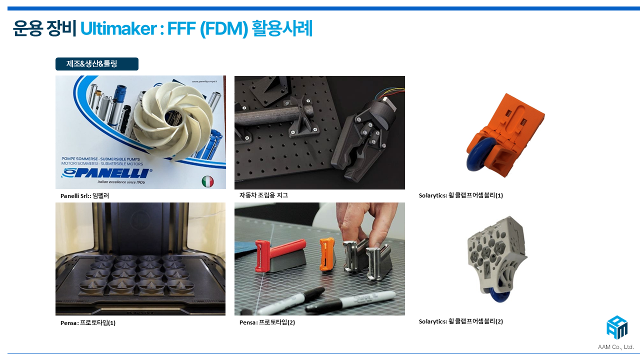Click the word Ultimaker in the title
(118, 28)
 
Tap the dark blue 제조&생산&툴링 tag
(97, 63)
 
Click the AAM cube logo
(617, 327)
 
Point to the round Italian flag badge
(207, 181)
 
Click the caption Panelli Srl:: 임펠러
(84, 195)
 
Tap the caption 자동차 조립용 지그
(263, 195)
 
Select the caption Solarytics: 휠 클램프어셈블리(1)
(460, 195)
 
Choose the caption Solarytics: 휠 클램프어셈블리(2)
(460, 321)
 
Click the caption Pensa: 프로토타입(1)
(88, 323)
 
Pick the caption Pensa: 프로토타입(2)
(267, 322)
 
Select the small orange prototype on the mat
(327, 253)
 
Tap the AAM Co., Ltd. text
(615, 347)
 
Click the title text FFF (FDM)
(207, 28)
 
